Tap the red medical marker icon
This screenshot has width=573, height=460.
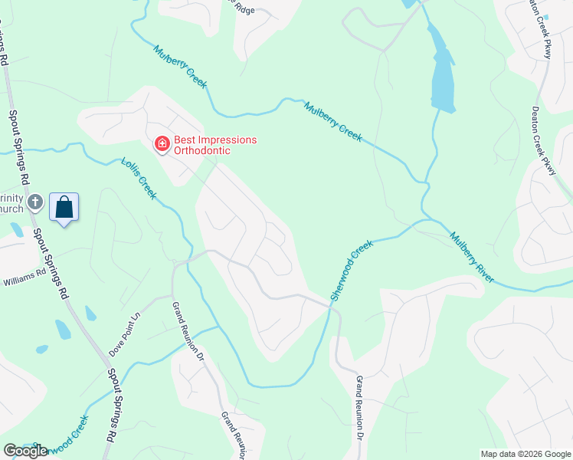[162, 144]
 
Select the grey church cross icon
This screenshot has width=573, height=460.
[34, 202]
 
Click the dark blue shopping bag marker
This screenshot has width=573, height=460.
[64, 207]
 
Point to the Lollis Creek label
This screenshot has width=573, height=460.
[139, 179]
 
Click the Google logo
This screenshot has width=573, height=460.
[25, 451]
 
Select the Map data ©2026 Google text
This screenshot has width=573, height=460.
[525, 454]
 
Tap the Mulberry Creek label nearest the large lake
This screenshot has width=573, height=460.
[332, 120]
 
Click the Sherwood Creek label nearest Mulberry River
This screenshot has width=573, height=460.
[352, 270]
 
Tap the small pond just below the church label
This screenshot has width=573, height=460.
[17, 229]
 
